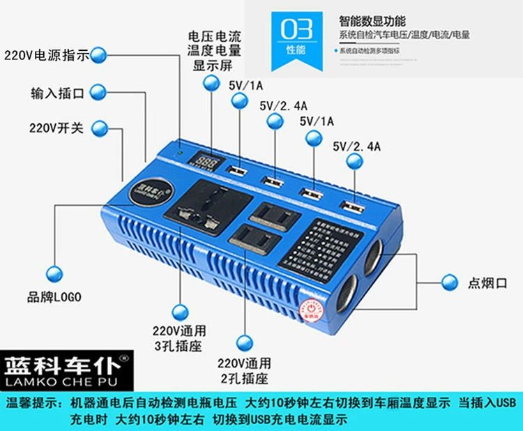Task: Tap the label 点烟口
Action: pos(487,282)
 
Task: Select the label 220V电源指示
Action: pos(46,56)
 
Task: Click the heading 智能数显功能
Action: pos(372,21)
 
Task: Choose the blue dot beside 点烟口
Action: pos(450,282)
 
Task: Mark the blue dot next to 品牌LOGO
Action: pos(53,272)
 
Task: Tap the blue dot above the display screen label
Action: pos(211,82)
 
